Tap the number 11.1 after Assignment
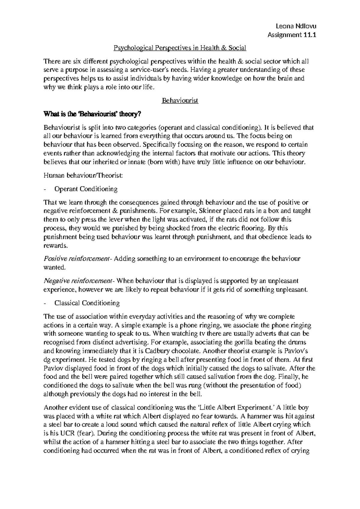[x=310, y=35]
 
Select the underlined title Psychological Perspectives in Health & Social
[x=180, y=48]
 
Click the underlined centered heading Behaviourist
[x=180, y=101]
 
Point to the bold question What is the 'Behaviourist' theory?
[x=92, y=114]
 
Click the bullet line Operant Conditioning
[x=86, y=189]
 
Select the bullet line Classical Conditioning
[x=87, y=303]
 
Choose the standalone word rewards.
[x=56, y=245]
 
